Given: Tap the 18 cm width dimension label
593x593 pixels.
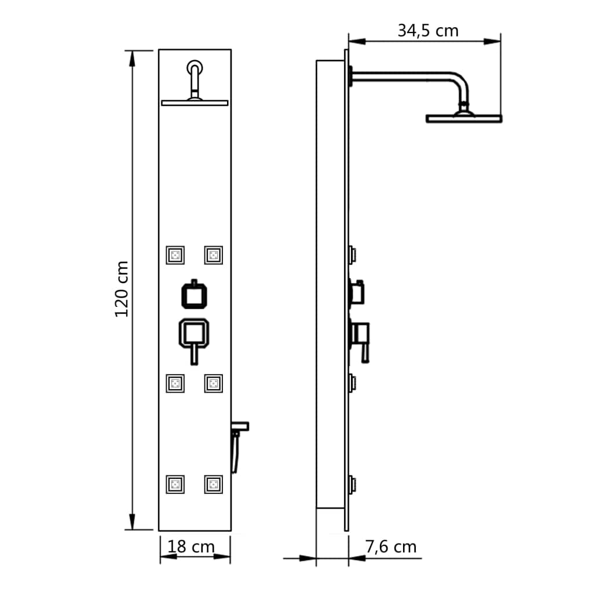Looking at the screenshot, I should coord(191,546).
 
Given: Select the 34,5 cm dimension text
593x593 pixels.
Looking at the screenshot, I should coord(427,30).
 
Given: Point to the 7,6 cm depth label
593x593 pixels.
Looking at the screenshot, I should coord(391,546).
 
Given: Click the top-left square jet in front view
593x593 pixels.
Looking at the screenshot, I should coord(175,255).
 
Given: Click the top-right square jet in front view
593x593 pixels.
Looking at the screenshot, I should coord(213,255).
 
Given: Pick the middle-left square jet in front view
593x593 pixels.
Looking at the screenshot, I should coord(175,383).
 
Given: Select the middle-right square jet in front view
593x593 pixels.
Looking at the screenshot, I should coord(213,383).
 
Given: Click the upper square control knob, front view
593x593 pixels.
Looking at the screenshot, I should coord(195,295).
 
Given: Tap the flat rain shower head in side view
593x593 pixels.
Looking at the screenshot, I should coord(463,118).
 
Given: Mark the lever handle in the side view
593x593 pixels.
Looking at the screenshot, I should coord(364,350).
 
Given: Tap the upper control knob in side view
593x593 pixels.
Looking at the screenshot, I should coord(357,292).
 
